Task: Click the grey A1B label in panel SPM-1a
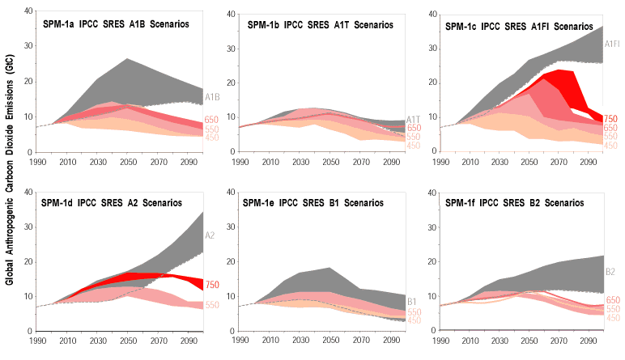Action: point(212,98)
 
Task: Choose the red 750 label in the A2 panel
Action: point(212,285)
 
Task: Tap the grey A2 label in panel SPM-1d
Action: point(209,236)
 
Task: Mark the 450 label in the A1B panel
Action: point(212,138)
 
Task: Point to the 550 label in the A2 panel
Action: point(212,305)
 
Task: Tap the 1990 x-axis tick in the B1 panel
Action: point(239,341)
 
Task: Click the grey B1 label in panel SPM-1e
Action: point(413,302)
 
